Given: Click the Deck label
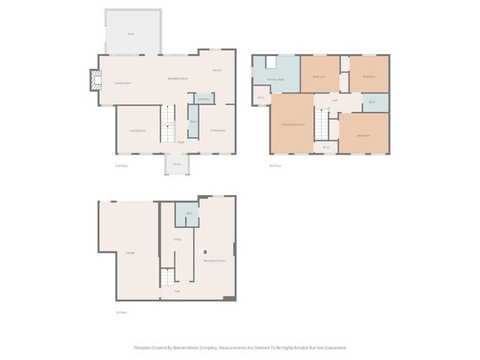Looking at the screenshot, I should pos(130,34).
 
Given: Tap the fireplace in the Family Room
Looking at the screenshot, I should pos(94,79).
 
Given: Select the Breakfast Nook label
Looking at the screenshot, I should pos(178,79).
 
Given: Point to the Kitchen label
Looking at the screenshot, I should pos(217,70).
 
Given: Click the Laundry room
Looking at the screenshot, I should pos(203,98).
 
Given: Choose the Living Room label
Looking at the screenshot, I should pos(137,130).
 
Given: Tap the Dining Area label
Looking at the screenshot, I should pos(218,130).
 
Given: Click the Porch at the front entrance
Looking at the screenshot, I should pos(177,163).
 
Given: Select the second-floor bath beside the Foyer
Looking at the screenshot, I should pos(193,121).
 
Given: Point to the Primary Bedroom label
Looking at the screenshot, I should pos(292,124).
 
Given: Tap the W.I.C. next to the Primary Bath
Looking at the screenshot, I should pos(261,98).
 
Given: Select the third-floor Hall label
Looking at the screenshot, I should pos(334,99).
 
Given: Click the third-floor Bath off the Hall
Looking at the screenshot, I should pos(373,101).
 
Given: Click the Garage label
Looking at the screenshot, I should pos(130,252).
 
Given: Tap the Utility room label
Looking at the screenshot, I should pos(178,239).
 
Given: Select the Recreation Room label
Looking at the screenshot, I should pos(215,259).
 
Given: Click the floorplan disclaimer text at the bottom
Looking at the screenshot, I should pos(239,347).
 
